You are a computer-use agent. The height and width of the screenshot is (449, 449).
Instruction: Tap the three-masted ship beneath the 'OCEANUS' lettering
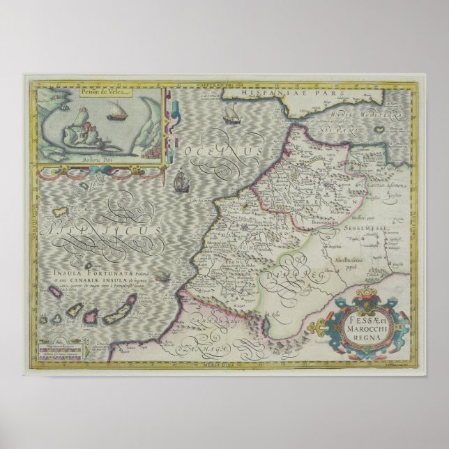pos(181,183)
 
